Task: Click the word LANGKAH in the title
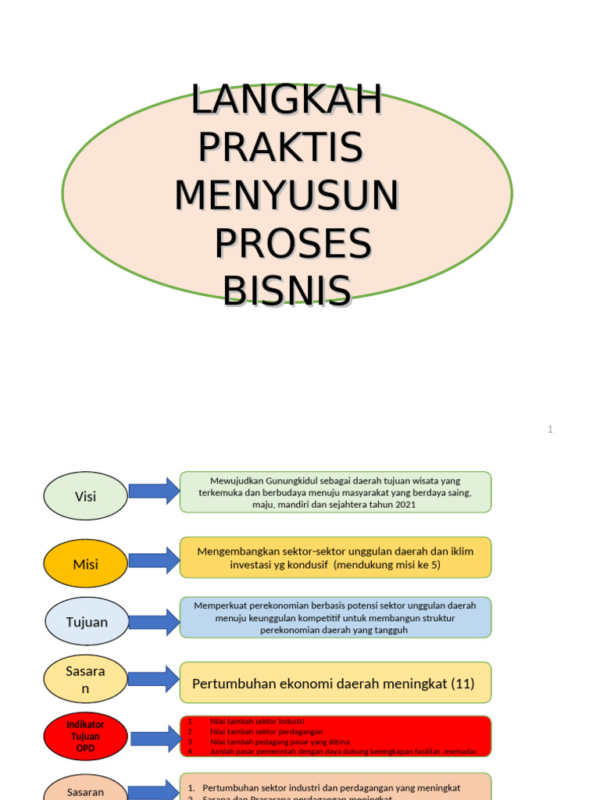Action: (287, 101)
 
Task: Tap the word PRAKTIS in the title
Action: (280, 148)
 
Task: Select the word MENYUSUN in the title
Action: (287, 195)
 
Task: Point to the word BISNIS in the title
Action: (287, 291)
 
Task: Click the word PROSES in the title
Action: (292, 244)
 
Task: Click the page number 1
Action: (550, 429)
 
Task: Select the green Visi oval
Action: (85, 496)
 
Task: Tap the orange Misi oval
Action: (85, 563)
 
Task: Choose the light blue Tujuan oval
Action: (85, 622)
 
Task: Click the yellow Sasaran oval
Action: (85, 679)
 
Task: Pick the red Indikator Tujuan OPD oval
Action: (85, 736)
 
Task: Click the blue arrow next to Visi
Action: (154, 491)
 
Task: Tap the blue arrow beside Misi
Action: (154, 560)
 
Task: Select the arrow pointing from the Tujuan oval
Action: (154, 622)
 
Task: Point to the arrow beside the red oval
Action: (155, 738)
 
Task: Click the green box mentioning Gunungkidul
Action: (335, 492)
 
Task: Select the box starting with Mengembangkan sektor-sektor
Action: (335, 557)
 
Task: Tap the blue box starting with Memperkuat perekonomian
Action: (335, 617)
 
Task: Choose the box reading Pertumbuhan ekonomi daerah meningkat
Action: (335, 683)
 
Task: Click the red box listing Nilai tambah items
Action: (335, 736)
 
